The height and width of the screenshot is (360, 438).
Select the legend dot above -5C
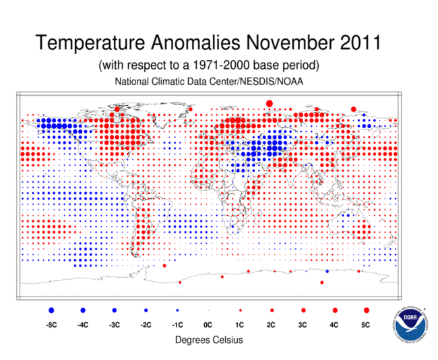pyautogui.click(x=51, y=310)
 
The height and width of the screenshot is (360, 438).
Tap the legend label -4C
pyautogui.click(x=83, y=325)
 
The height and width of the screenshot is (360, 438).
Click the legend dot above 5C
pyautogui.click(x=367, y=310)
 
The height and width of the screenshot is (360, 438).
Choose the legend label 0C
pyautogui.click(x=208, y=325)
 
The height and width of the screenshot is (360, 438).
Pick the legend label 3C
pyautogui.click(x=303, y=325)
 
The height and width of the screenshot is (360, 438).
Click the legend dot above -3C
pyautogui.click(x=115, y=310)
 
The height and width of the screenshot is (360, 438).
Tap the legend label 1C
pyautogui.click(x=240, y=325)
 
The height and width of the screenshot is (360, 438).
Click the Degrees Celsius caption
pyautogui.click(x=209, y=340)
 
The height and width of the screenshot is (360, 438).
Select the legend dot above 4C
pyautogui.click(x=335, y=310)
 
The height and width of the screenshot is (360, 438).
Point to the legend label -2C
pyautogui.click(x=146, y=325)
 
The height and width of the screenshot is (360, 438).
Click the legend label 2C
pyautogui.click(x=272, y=325)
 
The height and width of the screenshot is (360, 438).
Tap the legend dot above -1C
pyautogui.click(x=177, y=310)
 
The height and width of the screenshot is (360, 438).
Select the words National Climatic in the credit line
pyautogui.click(x=148, y=82)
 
